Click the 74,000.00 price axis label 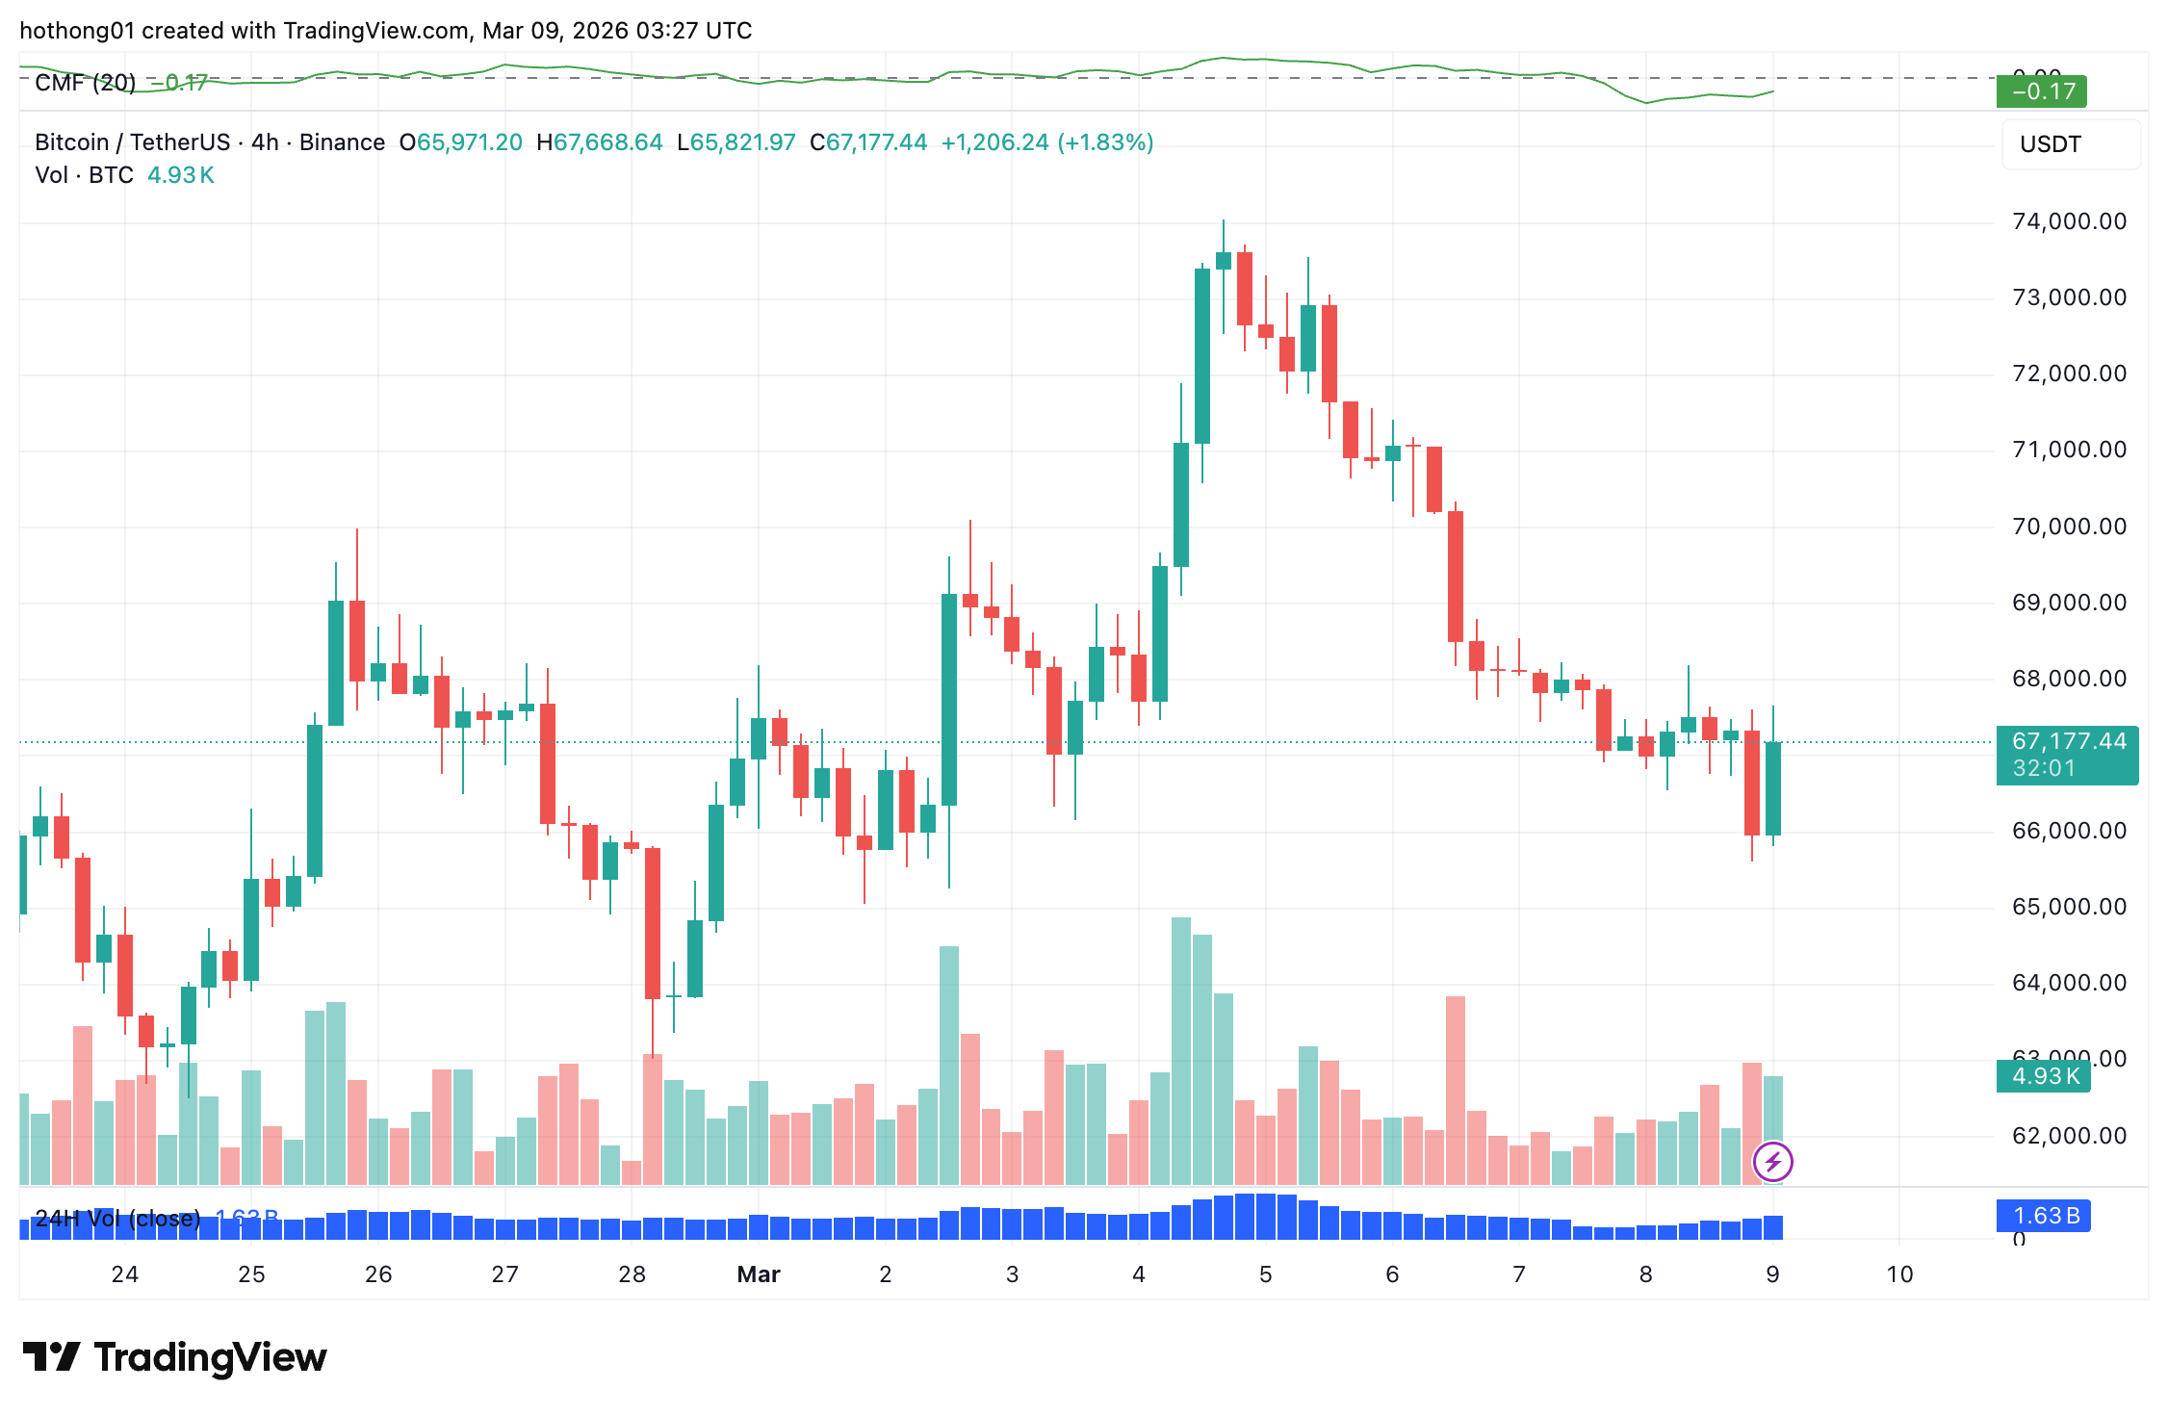click(2069, 221)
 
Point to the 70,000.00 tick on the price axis click(2069, 527)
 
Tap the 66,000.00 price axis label click(2069, 831)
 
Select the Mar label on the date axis click(758, 1274)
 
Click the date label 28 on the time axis click(632, 1274)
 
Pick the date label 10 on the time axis click(1899, 1274)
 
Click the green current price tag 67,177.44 click(2068, 742)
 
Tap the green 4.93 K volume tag click(2046, 1076)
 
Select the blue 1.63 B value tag click(2046, 1216)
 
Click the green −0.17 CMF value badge click(2042, 91)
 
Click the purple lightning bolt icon click(1772, 1162)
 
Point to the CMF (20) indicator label click(85, 83)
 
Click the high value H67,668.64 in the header click(599, 142)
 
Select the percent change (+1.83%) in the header click(1105, 142)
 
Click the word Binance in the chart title click(342, 142)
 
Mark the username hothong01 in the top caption click(76, 31)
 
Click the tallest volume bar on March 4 click(1181, 1049)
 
